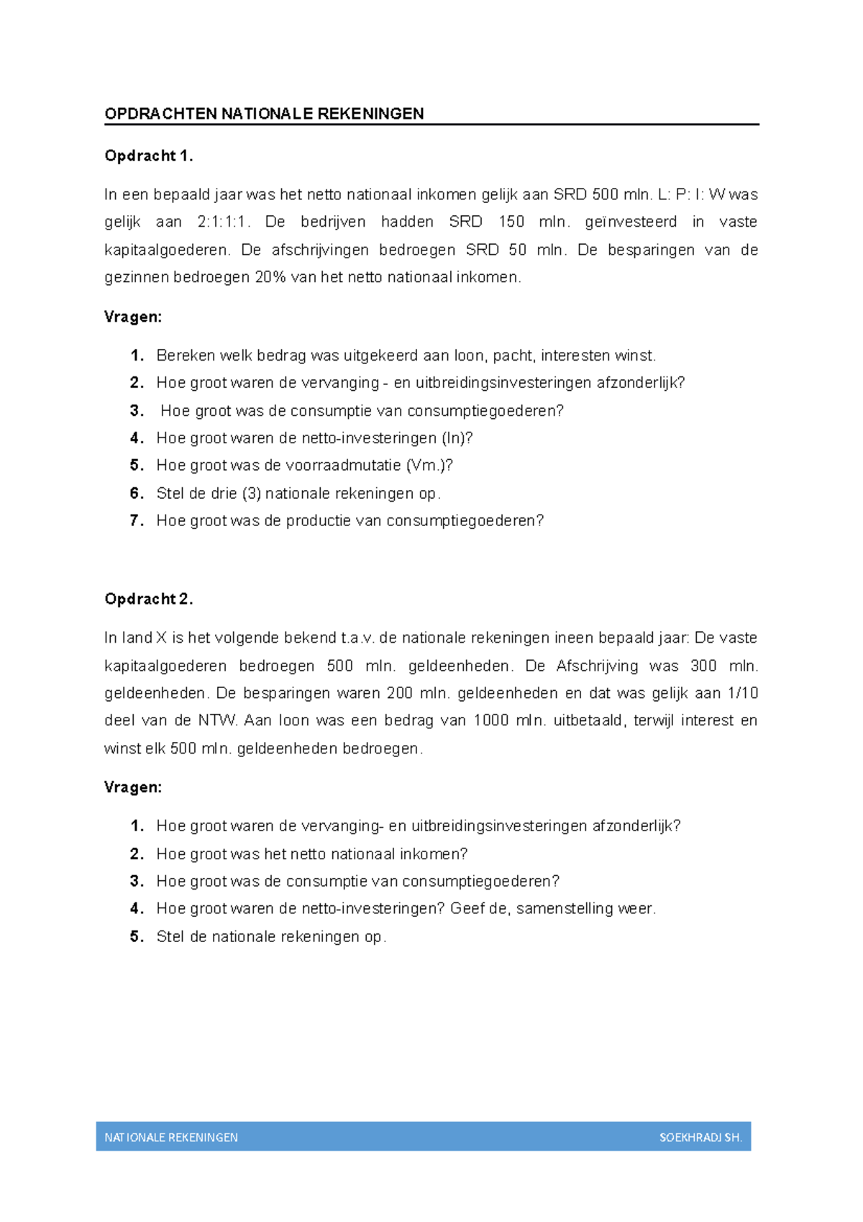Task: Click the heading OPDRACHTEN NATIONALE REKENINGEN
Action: [264, 114]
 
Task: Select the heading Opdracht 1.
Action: [148, 155]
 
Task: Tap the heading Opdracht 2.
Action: [148, 599]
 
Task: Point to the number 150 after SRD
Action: [511, 222]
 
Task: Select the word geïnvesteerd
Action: [631, 222]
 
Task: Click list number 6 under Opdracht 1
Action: [137, 494]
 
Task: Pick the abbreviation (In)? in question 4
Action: [457, 438]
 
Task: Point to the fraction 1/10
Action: [743, 693]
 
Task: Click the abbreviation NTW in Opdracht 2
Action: [217, 721]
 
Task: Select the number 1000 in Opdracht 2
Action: [491, 721]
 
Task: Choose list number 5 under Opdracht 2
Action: [137, 937]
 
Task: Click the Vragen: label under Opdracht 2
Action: [133, 787]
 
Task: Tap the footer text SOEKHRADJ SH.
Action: [700, 1138]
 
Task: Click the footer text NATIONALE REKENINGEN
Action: [171, 1138]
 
